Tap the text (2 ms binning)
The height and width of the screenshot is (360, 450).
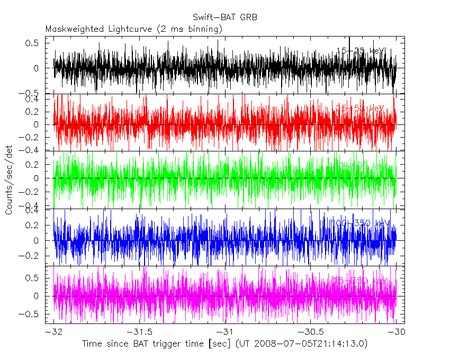tap(191, 29)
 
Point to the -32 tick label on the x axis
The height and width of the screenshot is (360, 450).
tap(54, 332)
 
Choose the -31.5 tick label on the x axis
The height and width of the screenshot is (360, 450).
tap(139, 332)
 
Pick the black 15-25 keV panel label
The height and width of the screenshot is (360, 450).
tap(361, 51)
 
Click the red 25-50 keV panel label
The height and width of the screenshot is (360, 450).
tap(361, 109)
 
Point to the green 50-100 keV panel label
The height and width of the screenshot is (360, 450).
tap(361, 166)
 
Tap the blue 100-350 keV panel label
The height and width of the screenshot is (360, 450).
tap(361, 223)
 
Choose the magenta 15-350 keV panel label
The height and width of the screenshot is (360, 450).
tap(361, 280)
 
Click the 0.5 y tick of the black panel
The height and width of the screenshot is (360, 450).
tap(32, 43)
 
